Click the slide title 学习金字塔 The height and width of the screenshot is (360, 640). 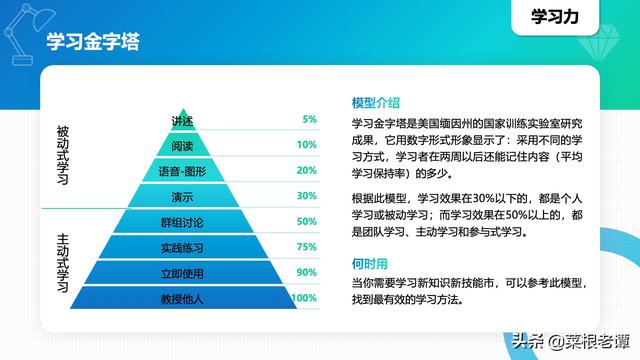92,42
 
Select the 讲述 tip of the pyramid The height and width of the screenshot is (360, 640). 182,119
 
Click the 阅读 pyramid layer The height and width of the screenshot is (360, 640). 182,144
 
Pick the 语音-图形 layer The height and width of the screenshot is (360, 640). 182,170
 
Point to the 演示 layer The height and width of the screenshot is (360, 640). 182,196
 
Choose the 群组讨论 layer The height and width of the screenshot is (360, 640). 182,222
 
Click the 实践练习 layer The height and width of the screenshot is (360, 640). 182,247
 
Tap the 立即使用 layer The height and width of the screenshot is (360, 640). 182,273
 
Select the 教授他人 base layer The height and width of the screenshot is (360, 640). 182,298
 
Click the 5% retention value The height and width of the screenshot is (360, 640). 310,119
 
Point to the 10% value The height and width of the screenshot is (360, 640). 306,145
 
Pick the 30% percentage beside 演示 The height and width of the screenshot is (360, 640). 306,196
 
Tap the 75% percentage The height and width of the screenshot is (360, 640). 306,247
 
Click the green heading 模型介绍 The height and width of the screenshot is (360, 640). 376,103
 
